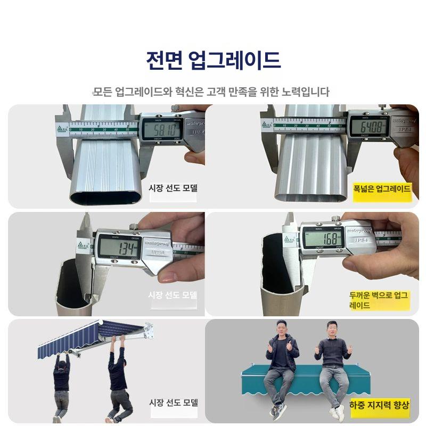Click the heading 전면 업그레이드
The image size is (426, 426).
click(213, 60)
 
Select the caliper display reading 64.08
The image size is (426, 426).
click(367, 127)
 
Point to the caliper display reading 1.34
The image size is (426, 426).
click(118, 247)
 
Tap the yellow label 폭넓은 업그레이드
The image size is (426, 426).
click(382, 189)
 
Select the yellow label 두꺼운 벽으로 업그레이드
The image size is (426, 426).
click(379, 300)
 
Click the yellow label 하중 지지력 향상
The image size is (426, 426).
click(380, 405)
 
